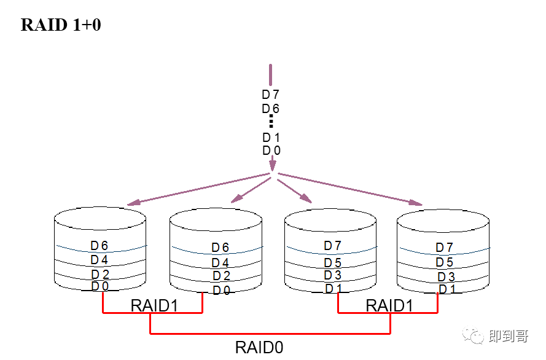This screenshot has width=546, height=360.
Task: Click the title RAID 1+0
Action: pos(61,25)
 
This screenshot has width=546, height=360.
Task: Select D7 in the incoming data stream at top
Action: pos(271,95)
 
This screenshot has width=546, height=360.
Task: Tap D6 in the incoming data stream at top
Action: pos(271,109)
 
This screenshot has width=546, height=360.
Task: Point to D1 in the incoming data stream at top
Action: pos(271,137)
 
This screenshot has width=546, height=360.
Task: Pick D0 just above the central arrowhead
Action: pos(271,151)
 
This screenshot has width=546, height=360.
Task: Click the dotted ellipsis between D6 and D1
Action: pos(271,123)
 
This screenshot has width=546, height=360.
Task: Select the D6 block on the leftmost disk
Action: pos(99,246)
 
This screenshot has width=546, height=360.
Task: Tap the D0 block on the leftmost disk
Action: pos(99,286)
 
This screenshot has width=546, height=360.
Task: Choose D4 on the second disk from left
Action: pos(220,263)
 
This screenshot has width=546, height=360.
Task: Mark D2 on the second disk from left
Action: pos(221,276)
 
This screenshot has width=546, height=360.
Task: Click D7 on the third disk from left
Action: pos(333,246)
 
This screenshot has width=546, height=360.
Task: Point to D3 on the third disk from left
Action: pos(333,275)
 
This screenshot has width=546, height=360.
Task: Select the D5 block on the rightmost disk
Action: pos(445,262)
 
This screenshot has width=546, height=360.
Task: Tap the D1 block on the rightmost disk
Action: pos(447,289)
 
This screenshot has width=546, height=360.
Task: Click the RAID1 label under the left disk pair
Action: pos(154,306)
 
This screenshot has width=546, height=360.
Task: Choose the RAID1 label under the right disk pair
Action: pos(389,306)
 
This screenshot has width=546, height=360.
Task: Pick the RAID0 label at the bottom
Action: pos(259,348)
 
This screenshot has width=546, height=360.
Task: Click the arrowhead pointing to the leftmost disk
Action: pos(131,203)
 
